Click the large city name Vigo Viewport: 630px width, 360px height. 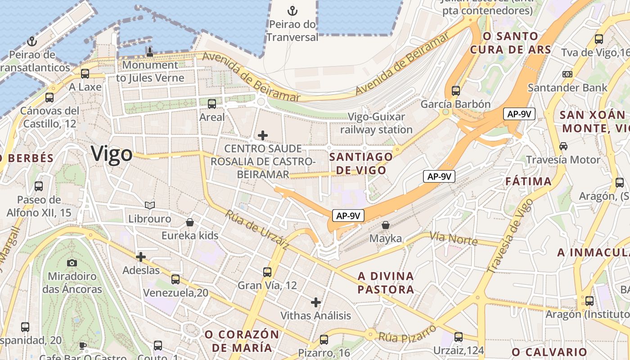click(x=112, y=154)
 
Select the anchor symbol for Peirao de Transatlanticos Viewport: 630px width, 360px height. click(x=31, y=42)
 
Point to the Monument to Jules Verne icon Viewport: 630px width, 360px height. click(x=150, y=52)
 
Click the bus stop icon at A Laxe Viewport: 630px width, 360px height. click(x=85, y=73)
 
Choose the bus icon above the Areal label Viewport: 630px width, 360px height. click(x=211, y=104)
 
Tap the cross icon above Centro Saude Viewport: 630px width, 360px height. click(x=263, y=135)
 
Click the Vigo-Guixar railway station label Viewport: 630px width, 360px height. click(x=376, y=123)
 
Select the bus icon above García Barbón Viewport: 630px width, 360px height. click(x=455, y=91)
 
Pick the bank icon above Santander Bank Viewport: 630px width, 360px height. click(x=567, y=74)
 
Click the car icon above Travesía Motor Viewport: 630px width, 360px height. click(x=563, y=146)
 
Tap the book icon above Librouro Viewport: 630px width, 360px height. click(x=150, y=206)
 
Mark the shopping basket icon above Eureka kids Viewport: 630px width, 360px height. click(x=190, y=222)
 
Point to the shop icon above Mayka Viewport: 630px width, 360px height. click(x=385, y=225)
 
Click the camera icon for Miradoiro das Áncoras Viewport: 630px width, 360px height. click(x=72, y=263)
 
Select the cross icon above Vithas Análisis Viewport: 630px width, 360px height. click(x=316, y=302)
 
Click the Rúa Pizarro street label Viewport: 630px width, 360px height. click(x=407, y=333)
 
